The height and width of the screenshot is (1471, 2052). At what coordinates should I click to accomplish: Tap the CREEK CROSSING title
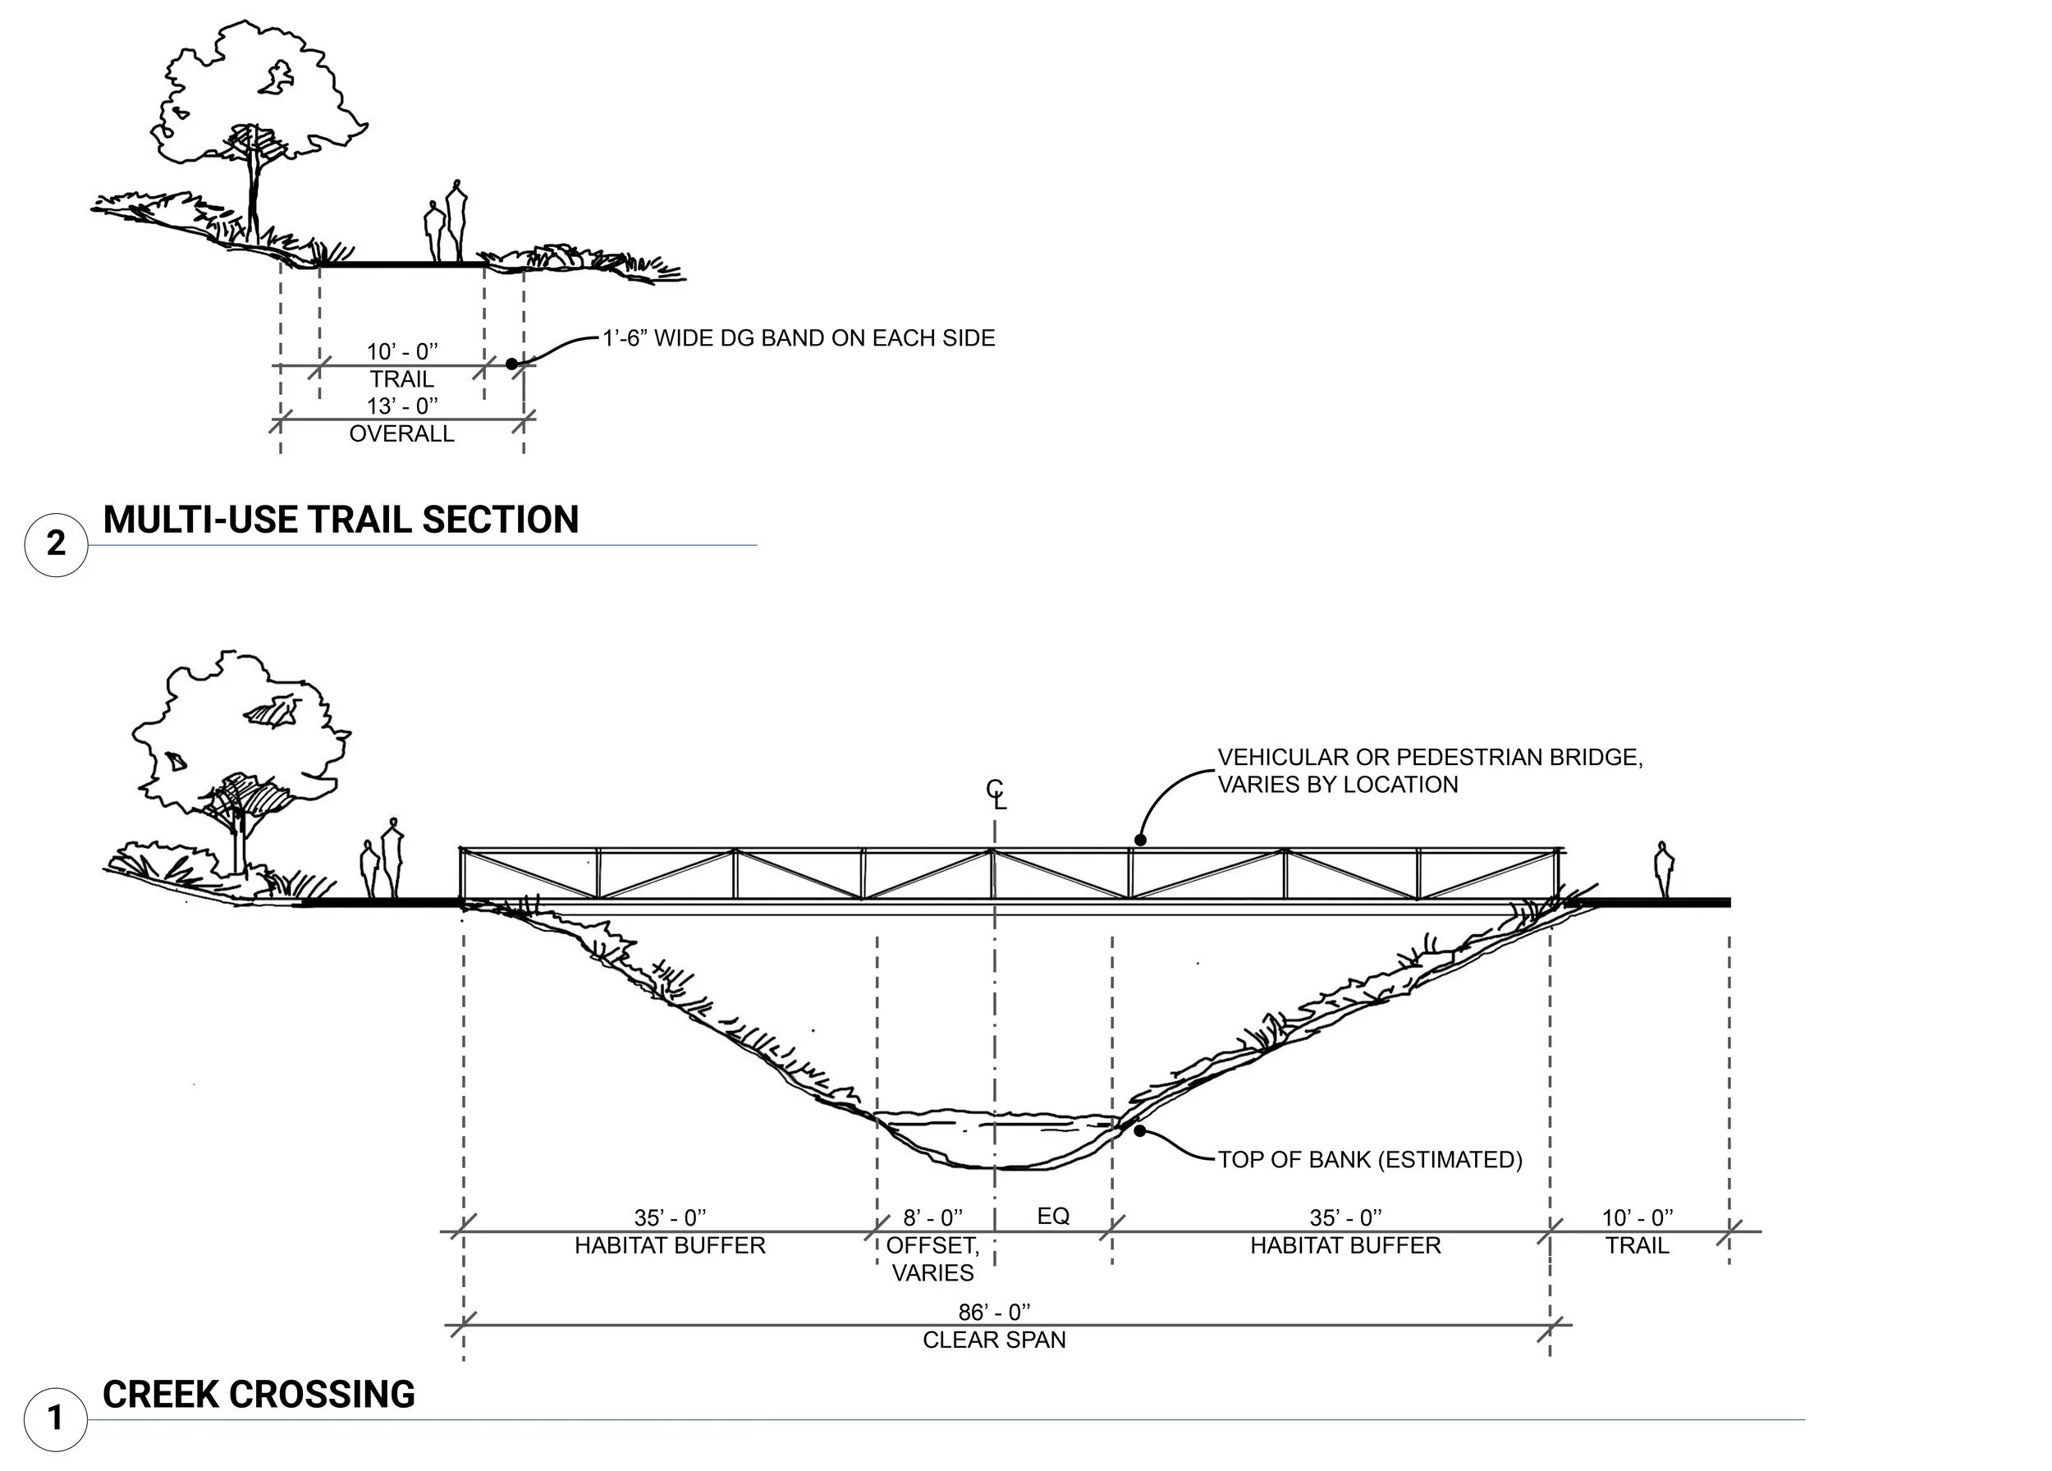pos(259,1394)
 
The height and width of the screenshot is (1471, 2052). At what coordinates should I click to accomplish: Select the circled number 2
pos(56,543)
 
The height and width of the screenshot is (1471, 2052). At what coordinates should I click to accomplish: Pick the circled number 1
pos(56,1418)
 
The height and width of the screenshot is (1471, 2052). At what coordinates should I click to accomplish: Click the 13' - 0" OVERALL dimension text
pos(401,419)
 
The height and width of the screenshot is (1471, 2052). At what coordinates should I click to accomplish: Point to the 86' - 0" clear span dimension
pos(994,1326)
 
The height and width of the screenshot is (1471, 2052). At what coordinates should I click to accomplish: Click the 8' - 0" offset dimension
pos(932,1217)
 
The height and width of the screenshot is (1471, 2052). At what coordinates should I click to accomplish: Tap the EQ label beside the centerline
pos(1053,1216)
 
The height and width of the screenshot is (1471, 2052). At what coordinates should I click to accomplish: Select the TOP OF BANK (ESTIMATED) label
pos(1370,1160)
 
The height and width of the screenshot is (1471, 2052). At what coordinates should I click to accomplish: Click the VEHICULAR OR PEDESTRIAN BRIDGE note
pos(1430,771)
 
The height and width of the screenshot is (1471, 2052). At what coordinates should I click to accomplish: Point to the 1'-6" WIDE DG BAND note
pos(799,338)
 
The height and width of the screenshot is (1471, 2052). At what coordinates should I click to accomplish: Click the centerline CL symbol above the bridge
pos(996,794)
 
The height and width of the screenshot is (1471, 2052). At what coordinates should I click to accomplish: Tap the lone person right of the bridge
pos(1663,869)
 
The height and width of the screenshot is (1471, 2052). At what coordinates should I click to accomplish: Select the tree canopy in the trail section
pos(254,90)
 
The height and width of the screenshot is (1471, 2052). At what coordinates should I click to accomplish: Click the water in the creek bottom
pos(996,1139)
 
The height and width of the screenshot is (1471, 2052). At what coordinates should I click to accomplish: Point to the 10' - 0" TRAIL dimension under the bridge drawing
pos(1637,1230)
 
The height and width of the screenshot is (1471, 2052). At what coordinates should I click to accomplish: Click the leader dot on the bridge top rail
pos(1140,841)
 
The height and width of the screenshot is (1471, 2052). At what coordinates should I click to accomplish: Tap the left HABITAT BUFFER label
pos(670,1246)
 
